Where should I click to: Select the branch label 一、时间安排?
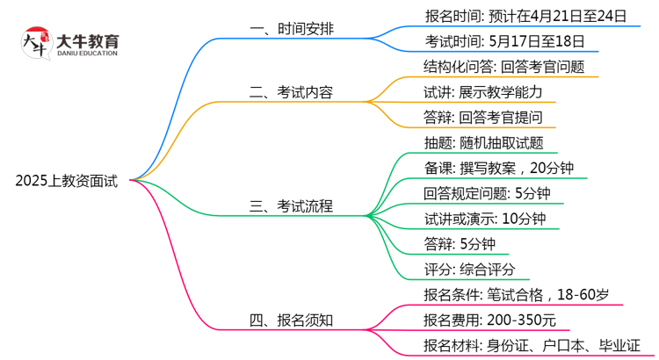point(292,30)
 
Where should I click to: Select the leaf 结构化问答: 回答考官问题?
point(503,66)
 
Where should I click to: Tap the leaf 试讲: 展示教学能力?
point(482,91)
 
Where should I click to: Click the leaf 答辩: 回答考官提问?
point(482,118)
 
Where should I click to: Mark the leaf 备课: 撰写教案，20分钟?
point(499,168)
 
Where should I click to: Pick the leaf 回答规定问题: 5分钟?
point(487,193)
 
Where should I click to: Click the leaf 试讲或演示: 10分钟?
point(484,219)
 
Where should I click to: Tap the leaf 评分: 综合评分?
point(469,270)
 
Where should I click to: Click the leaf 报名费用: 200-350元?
point(489,320)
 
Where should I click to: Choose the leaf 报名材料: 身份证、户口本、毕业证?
point(532,346)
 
